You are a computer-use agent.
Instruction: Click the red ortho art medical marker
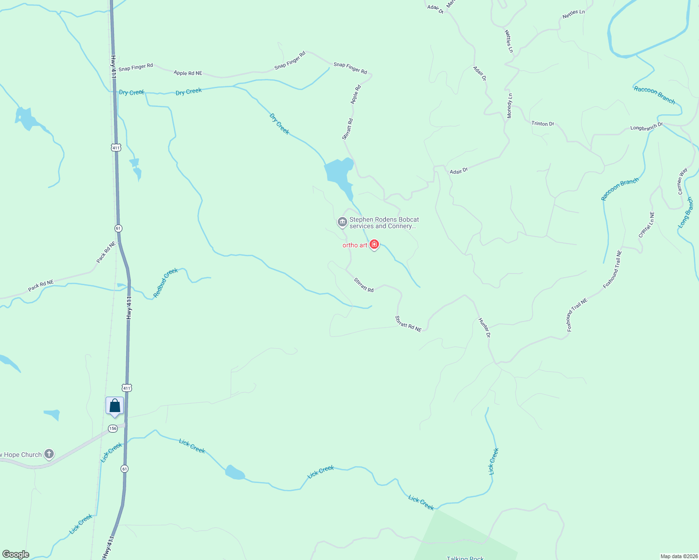coord(374,245)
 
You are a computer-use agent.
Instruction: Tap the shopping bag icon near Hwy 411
coord(114,406)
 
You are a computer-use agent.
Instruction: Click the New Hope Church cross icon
coord(49,454)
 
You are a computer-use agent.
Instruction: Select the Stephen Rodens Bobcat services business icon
coord(342,222)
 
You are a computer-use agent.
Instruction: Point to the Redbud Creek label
coord(166,283)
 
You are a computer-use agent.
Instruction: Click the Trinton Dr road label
coord(542,124)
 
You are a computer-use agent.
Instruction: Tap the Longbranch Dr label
coord(646,127)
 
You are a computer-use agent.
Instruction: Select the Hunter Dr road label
coord(484,328)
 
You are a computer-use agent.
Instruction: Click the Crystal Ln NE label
coord(647,225)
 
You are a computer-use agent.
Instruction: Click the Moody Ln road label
coord(510,105)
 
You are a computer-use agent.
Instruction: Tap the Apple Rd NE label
coord(188,73)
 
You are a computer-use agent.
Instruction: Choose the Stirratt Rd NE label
coord(408,324)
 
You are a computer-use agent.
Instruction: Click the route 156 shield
coord(113,428)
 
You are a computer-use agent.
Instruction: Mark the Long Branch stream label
coord(686,213)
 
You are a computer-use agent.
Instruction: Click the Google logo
coord(16,554)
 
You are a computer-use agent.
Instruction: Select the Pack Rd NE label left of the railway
coord(41,286)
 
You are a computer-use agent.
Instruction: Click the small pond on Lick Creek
coord(235,473)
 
